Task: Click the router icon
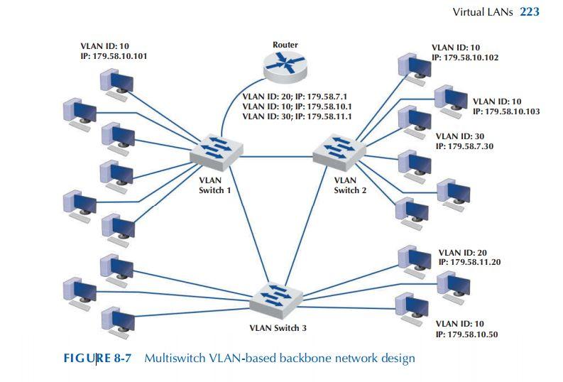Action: pyautogui.click(x=285, y=65)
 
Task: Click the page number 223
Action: pyautogui.click(x=530, y=12)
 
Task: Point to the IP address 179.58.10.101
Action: pyautogui.click(x=120, y=56)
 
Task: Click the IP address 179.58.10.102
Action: pyautogui.click(x=471, y=58)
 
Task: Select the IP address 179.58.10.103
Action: pyautogui.click(x=513, y=111)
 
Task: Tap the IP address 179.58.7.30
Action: pyautogui.click(x=471, y=146)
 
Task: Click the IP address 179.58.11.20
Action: pyautogui.click(x=476, y=262)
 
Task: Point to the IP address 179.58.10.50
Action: pyautogui.click(x=473, y=334)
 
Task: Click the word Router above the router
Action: pyautogui.click(x=285, y=45)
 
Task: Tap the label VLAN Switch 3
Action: pyautogui.click(x=278, y=328)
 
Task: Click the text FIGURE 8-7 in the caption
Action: pyautogui.click(x=98, y=358)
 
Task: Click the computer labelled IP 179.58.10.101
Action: pyautogui.click(x=117, y=82)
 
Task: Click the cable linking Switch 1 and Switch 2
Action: pyautogui.click(x=277, y=156)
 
